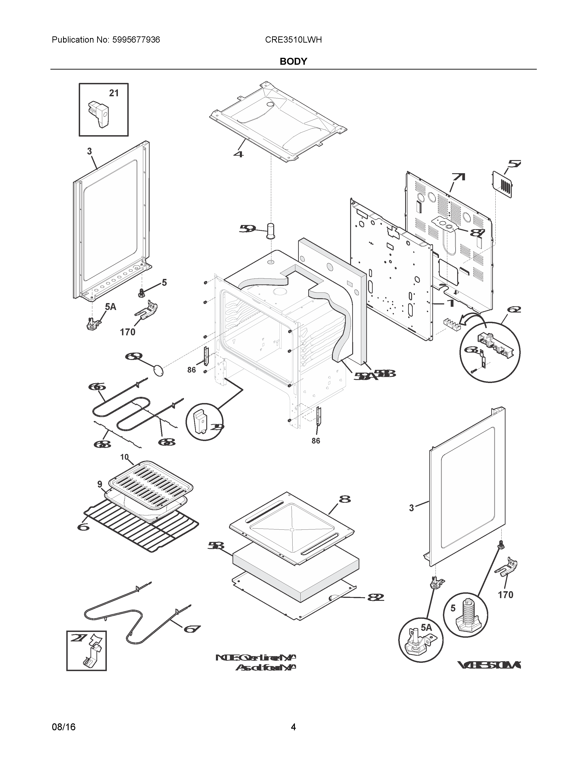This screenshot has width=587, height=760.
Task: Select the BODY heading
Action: coord(293,61)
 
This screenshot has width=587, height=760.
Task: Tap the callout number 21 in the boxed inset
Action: coord(114,93)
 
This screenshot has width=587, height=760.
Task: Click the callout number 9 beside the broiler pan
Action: coord(100,484)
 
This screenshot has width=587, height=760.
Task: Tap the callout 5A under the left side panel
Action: coord(110,307)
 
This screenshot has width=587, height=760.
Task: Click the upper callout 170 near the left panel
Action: coord(128,332)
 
